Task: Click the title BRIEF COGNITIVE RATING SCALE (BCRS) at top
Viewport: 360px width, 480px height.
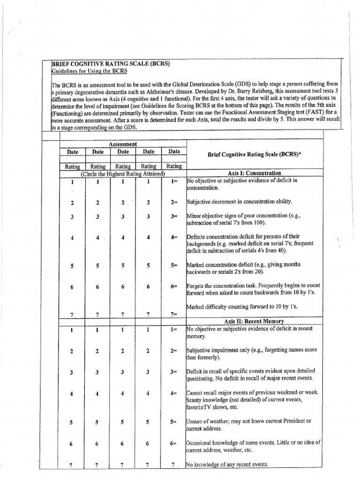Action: (x=110, y=64)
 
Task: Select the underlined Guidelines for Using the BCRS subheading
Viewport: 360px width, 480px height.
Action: (x=89, y=71)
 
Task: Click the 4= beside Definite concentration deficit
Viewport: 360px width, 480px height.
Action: (x=174, y=238)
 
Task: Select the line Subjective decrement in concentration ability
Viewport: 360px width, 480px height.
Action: (x=239, y=202)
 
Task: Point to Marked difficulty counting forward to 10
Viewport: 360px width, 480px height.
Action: (x=242, y=307)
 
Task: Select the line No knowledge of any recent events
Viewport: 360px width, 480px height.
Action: (x=227, y=465)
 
